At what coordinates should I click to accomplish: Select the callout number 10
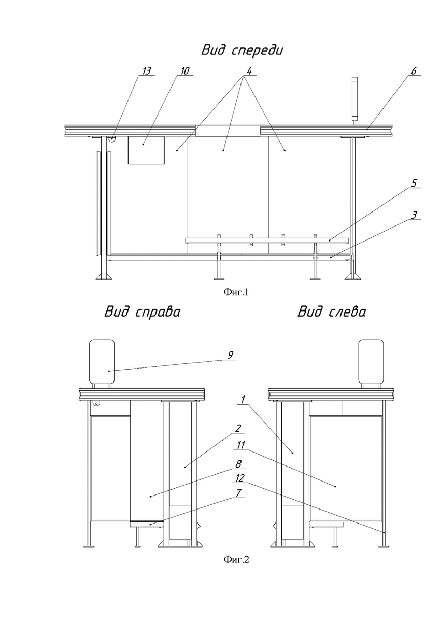pyautogui.click(x=185, y=71)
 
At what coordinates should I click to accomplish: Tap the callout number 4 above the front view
pyautogui.click(x=249, y=71)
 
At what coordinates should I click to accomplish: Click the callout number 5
pyautogui.click(x=414, y=183)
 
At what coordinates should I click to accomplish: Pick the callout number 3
pyautogui.click(x=414, y=215)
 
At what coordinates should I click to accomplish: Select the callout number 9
pyautogui.click(x=230, y=355)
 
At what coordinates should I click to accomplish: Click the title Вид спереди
pyautogui.click(x=242, y=50)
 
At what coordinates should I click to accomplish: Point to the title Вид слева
pyautogui.click(x=332, y=312)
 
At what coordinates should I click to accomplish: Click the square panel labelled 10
pyautogui.click(x=147, y=150)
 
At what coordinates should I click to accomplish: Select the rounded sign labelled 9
pyautogui.click(x=102, y=361)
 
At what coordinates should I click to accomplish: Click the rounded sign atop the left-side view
pyautogui.click(x=371, y=361)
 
